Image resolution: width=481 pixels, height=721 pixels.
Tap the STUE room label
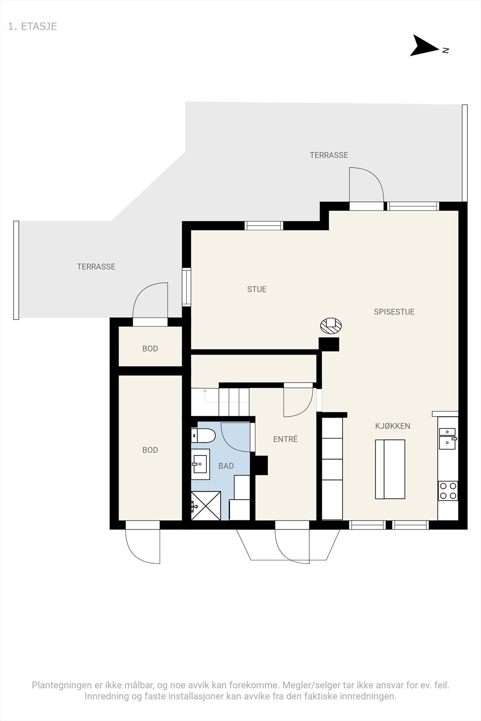tap(257, 289)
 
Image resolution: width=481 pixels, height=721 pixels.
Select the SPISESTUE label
tap(394, 311)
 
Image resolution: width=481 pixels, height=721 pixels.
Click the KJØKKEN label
tap(393, 426)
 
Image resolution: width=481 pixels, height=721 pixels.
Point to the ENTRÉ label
tap(285, 439)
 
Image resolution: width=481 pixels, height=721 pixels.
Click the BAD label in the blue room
tap(226, 466)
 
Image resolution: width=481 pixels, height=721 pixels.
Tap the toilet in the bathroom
tap(203, 435)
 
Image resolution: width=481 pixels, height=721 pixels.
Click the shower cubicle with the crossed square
tap(206, 505)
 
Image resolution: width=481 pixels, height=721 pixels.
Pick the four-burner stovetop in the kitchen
tap(448, 491)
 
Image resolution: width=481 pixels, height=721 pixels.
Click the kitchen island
tap(390, 469)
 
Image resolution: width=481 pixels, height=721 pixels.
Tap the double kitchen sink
tap(448, 438)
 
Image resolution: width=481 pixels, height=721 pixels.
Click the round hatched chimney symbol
tap(330, 325)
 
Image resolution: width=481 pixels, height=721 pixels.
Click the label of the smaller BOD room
tap(150, 349)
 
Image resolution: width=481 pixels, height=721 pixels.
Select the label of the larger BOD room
tap(150, 450)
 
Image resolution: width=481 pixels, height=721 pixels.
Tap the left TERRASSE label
tap(96, 266)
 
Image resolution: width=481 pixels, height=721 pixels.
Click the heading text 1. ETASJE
tap(32, 27)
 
